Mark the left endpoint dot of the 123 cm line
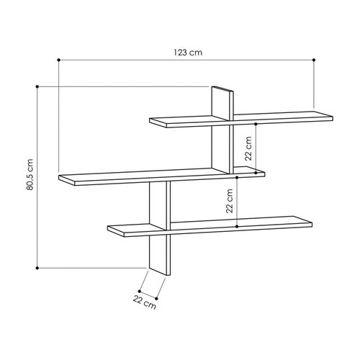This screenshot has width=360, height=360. (58, 59)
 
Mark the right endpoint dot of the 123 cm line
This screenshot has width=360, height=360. (315, 59)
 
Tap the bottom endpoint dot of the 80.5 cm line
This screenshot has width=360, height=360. (37, 268)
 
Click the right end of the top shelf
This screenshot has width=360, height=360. (333, 114)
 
